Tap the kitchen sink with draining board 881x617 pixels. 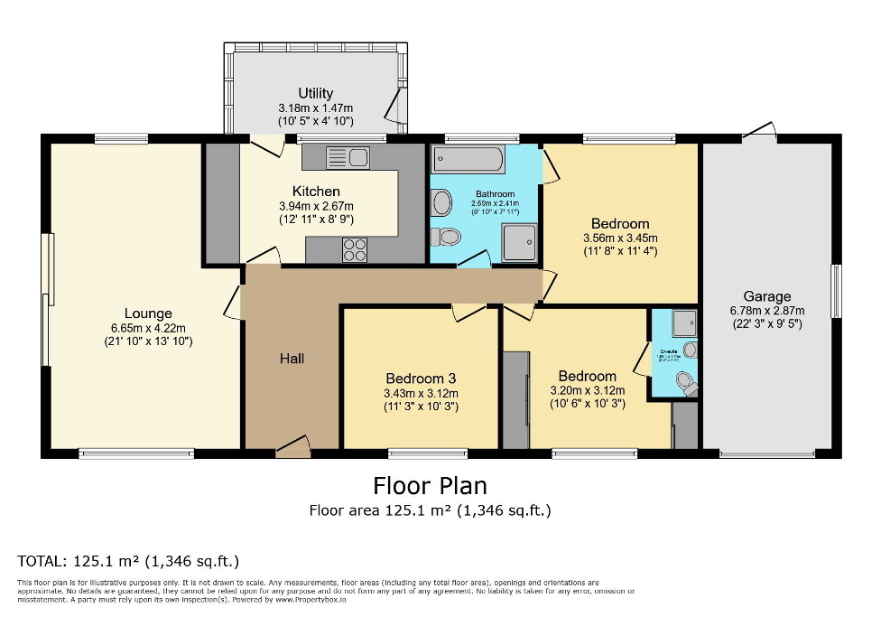[x=348, y=158]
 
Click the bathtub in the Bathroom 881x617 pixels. [x=468, y=161]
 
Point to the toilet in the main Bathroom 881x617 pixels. [x=444, y=238]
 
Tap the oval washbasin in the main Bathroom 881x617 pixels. [x=441, y=202]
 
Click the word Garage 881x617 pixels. [x=766, y=296]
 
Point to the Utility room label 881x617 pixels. [x=316, y=93]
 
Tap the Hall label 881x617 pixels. [x=292, y=359]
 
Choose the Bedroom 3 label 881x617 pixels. [x=422, y=379]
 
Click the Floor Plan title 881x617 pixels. [x=430, y=486]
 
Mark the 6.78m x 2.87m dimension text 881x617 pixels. [x=766, y=311]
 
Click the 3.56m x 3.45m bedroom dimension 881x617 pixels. [x=620, y=238]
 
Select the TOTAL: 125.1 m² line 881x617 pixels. [x=128, y=560]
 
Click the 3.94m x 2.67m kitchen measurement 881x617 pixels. [x=316, y=206]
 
